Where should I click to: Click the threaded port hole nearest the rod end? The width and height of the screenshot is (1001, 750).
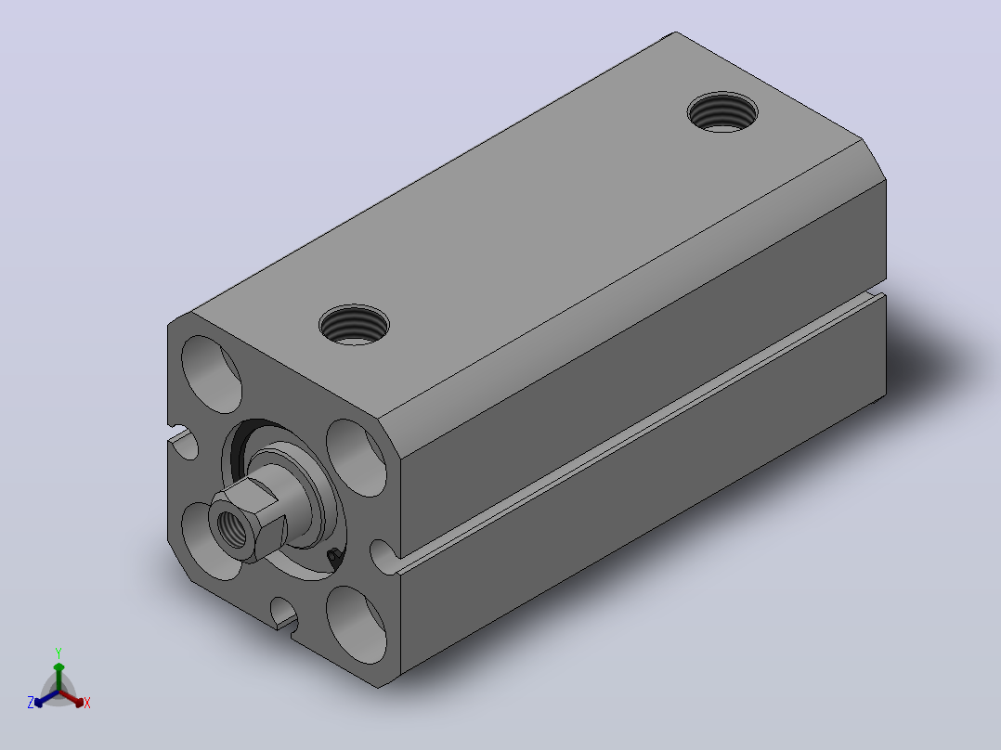click(354, 325)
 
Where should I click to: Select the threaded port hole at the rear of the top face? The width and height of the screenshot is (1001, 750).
click(722, 112)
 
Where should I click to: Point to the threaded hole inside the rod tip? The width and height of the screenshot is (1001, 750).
click(232, 527)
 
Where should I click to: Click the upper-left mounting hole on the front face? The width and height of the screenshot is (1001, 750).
click(212, 374)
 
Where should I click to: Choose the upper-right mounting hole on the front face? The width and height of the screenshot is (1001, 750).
click(357, 458)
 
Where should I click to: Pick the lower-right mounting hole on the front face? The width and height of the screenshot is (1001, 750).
click(357, 625)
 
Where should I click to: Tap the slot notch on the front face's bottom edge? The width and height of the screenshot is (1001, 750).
click(283, 613)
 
